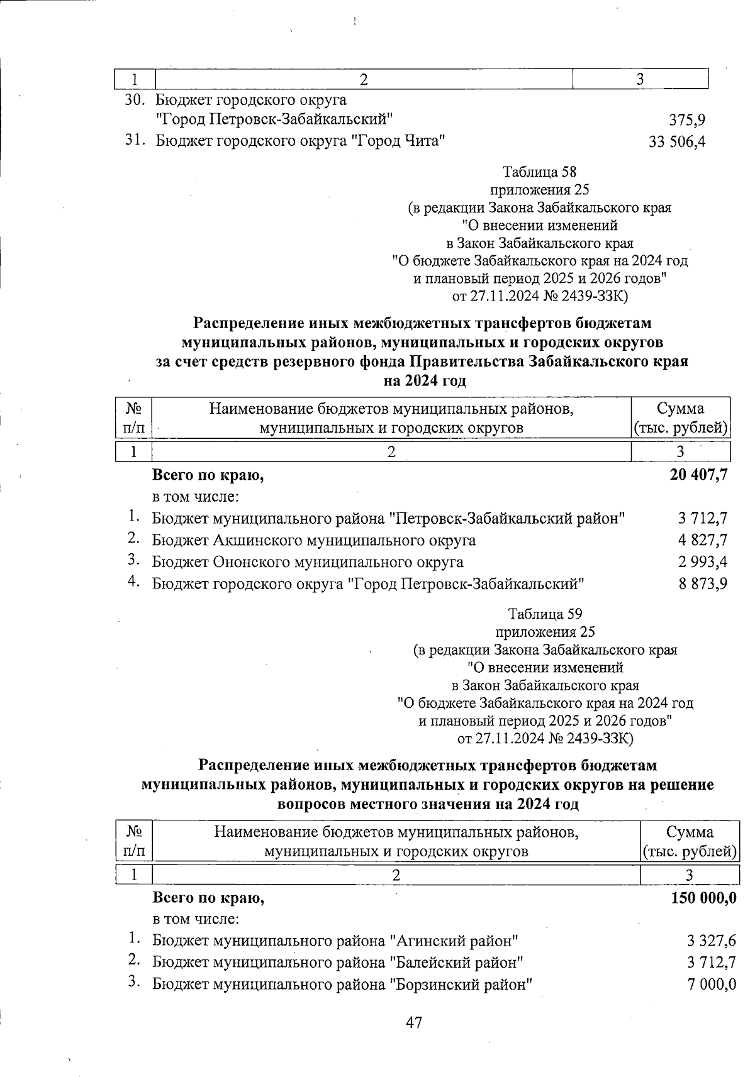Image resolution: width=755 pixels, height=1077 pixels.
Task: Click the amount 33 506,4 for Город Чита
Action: click(x=677, y=143)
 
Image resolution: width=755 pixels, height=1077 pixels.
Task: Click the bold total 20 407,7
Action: click(x=698, y=475)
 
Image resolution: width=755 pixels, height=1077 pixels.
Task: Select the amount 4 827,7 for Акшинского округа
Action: click(x=703, y=540)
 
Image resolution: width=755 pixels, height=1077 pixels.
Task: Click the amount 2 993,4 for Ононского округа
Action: click(x=703, y=561)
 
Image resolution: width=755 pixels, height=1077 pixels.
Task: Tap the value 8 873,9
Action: click(x=703, y=583)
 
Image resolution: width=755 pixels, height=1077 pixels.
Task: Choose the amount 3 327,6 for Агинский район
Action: click(x=711, y=941)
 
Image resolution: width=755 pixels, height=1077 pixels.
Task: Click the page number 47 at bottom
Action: click(x=413, y=1022)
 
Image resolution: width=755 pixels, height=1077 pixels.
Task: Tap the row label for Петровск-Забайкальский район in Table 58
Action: click(x=388, y=519)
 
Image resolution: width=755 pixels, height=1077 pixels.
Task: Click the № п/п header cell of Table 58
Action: click(x=134, y=418)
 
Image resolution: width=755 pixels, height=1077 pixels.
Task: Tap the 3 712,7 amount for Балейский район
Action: click(x=711, y=963)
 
